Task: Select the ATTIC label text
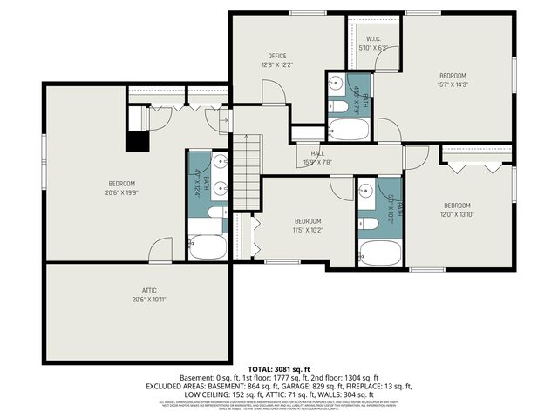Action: [138, 291]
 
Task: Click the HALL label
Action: [317, 152]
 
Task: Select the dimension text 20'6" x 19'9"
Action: [121, 192]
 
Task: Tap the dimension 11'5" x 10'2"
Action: [308, 230]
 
